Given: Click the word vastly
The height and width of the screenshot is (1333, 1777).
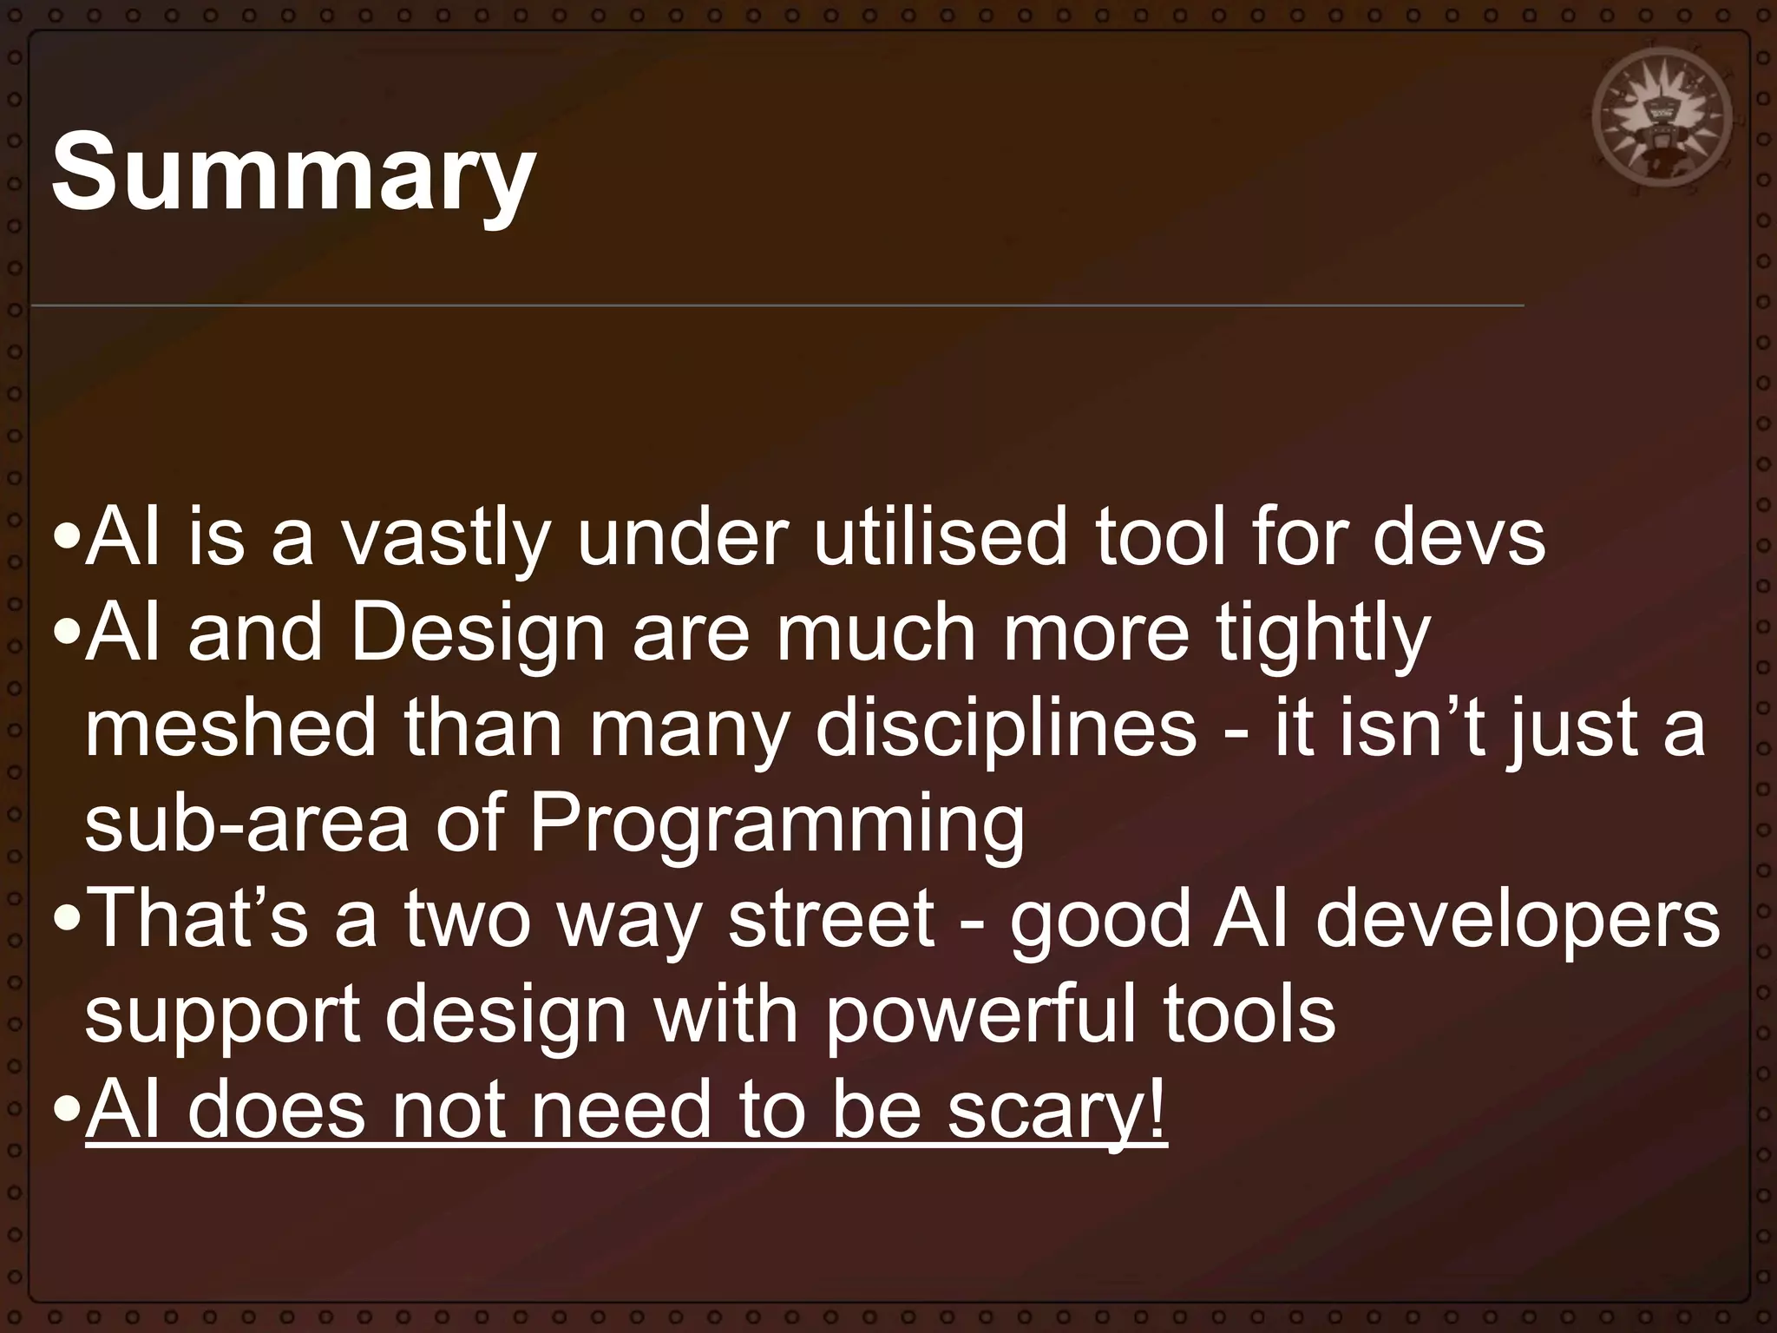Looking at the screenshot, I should tap(444, 537).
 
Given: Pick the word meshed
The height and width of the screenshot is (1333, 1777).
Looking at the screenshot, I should tap(230, 729).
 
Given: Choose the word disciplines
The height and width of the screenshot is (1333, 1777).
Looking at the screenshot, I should tap(1006, 729).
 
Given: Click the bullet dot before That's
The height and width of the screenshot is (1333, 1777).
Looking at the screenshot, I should tap(66, 920).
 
